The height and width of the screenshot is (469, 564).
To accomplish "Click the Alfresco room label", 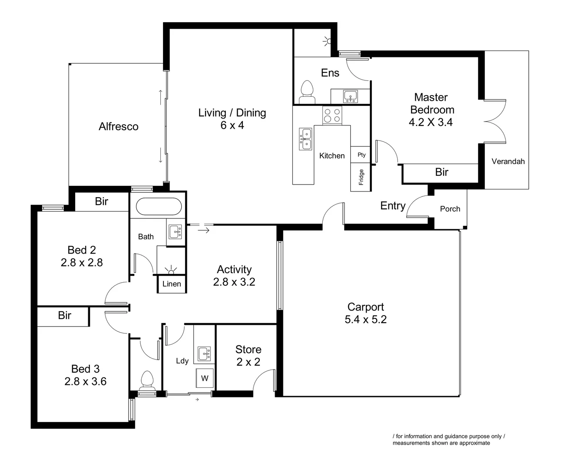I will tap(118, 126).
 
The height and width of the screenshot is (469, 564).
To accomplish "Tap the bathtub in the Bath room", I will tap(158, 207).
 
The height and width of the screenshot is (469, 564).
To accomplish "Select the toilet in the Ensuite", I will tap(307, 92).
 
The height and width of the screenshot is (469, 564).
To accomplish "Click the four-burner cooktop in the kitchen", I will tap(332, 116).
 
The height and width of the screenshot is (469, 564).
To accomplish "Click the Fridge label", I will tap(361, 177).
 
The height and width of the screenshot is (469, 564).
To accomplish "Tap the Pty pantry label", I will tap(362, 155).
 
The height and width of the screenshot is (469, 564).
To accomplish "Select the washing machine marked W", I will tap(205, 378).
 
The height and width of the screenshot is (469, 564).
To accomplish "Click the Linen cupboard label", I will tap(171, 284).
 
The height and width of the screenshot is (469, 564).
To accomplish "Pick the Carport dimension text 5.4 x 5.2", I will tap(365, 320).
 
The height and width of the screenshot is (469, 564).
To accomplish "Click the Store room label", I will tap(248, 350).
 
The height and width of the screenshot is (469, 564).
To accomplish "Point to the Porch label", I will tap(450, 209).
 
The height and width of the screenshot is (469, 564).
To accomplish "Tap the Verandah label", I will tap(508, 161).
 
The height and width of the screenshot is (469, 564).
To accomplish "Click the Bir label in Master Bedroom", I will tap(441, 172).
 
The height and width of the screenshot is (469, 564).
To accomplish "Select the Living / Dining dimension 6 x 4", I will tap(232, 125).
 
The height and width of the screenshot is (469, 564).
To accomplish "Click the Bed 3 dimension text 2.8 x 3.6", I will tap(85, 381).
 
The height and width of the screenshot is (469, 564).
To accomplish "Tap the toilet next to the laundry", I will tap(147, 381).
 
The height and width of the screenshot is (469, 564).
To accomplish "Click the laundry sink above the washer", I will tap(204, 353).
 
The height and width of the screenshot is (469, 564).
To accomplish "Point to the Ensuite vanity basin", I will tap(350, 96).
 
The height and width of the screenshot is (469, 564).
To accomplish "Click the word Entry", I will tap(392, 206).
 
